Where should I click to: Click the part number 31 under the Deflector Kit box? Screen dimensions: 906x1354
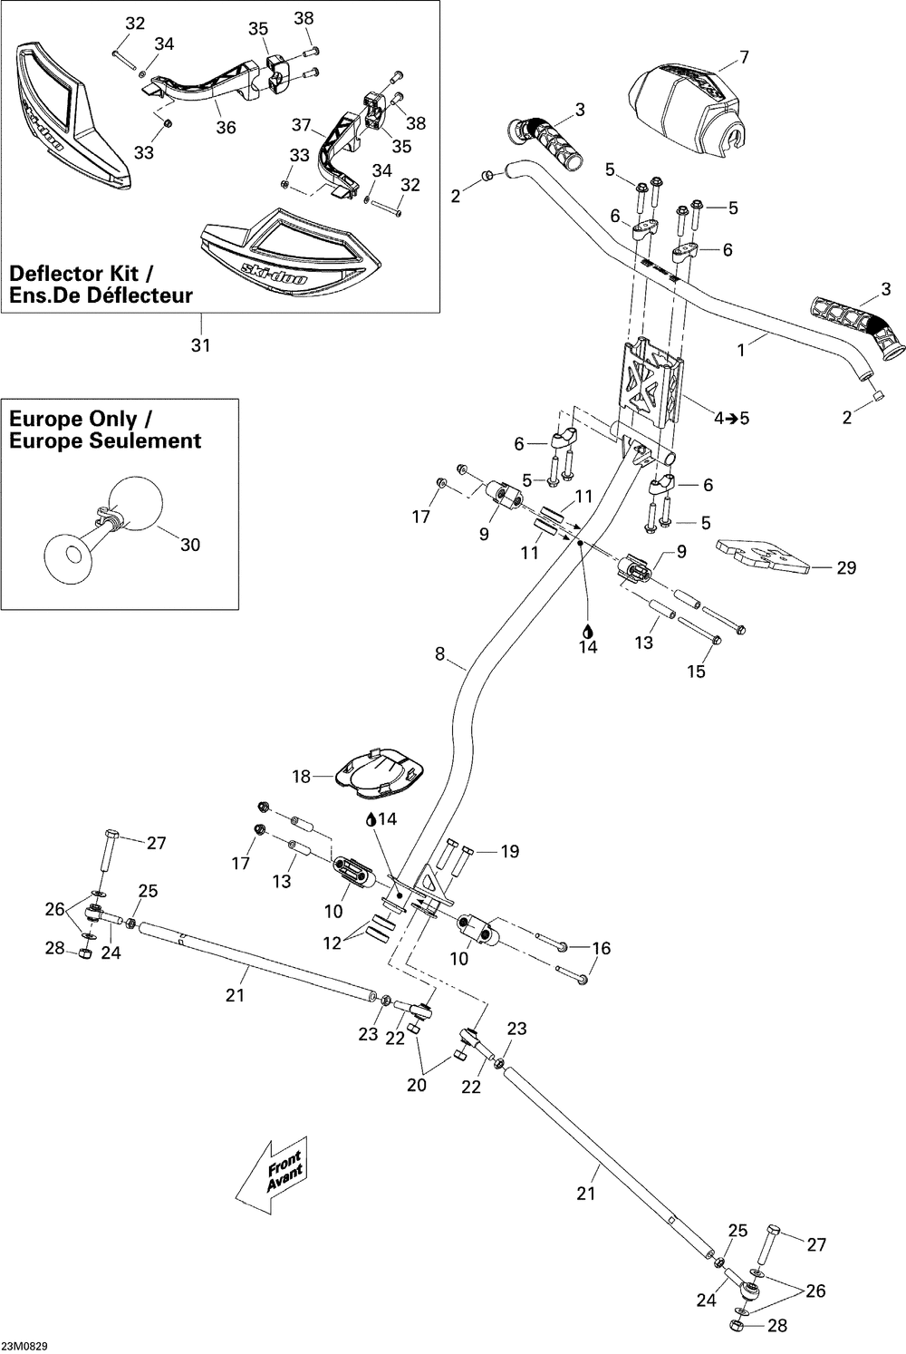click(200, 345)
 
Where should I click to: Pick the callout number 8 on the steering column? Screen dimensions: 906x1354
click(440, 653)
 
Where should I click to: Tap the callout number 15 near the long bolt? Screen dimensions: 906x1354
click(697, 672)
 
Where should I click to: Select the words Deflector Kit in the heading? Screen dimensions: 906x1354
click(73, 273)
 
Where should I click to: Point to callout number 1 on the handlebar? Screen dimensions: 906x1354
click(742, 350)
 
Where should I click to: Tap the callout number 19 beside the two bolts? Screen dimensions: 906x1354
click(509, 852)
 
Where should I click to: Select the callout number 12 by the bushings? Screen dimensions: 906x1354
click(333, 943)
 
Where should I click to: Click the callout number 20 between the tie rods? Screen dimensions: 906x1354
click(417, 1085)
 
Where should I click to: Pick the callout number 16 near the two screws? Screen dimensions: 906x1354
click(602, 948)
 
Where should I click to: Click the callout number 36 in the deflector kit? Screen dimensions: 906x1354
click(226, 128)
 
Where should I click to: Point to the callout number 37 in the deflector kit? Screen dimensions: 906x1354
click(301, 125)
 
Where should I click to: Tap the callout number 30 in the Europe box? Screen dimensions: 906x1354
click(190, 545)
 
